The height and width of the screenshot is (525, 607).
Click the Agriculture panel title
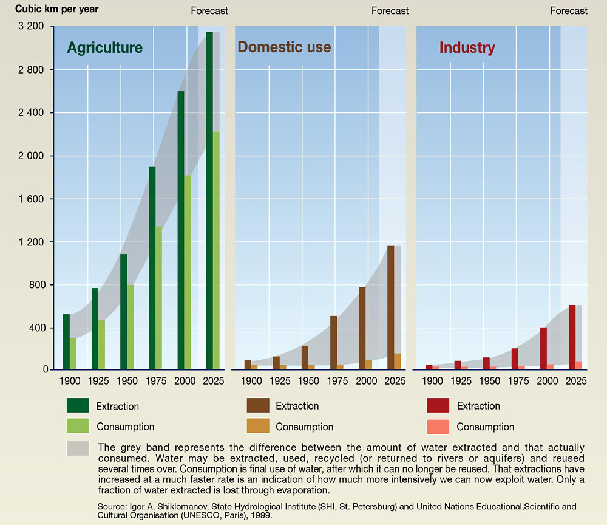click(105, 48)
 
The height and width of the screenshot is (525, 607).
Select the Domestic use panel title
click(284, 47)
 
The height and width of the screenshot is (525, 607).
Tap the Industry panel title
click(467, 48)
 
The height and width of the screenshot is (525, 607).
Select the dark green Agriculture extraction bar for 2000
click(181, 230)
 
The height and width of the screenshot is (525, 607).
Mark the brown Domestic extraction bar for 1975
click(333, 342)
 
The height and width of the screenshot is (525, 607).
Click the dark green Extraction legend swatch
click(78, 405)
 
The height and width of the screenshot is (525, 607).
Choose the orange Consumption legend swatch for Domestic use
click(258, 427)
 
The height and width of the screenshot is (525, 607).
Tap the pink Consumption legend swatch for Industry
click(438, 427)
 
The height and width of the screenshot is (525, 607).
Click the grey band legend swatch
click(78, 448)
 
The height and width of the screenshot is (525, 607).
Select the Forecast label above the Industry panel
click(569, 11)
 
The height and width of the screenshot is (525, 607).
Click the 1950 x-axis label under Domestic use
click(308, 381)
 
